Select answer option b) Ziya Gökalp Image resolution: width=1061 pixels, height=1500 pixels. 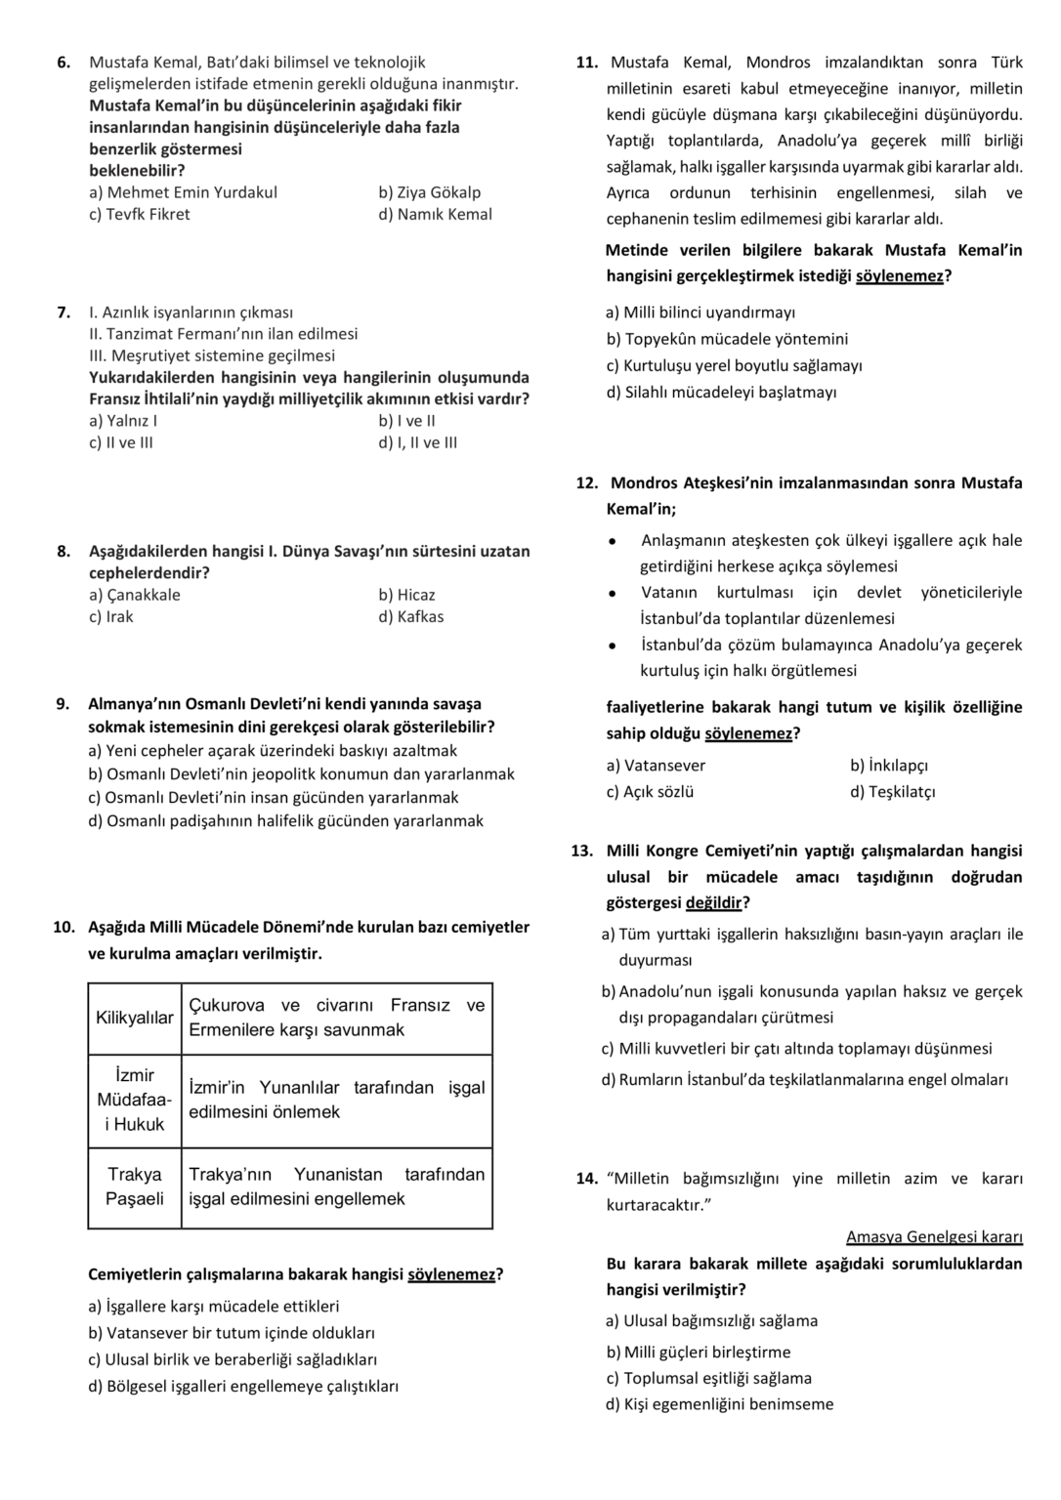[429, 192]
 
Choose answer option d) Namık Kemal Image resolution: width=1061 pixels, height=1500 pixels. [435, 214]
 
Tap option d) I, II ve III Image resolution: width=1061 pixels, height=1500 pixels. [417, 442]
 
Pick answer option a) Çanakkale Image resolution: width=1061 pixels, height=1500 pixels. [134, 595]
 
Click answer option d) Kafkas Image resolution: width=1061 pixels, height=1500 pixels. [410, 616]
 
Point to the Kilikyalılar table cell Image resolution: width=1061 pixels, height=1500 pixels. [135, 1018]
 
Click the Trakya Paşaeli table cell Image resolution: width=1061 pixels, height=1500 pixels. [135, 1187]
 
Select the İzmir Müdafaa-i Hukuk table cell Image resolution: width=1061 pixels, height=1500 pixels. [135, 1100]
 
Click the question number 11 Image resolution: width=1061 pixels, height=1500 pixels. [586, 62]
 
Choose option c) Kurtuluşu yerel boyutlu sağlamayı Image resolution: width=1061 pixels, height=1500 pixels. [734, 365]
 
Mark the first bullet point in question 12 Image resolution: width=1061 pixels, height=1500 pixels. [612, 541]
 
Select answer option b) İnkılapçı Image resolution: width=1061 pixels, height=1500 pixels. [888, 766]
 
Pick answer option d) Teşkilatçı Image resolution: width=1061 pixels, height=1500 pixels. [892, 792]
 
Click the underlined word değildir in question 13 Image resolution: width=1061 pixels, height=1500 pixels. [713, 902]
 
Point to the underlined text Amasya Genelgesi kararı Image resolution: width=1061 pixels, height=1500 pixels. [933, 1237]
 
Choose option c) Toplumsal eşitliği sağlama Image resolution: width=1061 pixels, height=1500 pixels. [708, 1378]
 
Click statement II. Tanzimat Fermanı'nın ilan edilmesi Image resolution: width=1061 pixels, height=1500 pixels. [223, 334]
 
